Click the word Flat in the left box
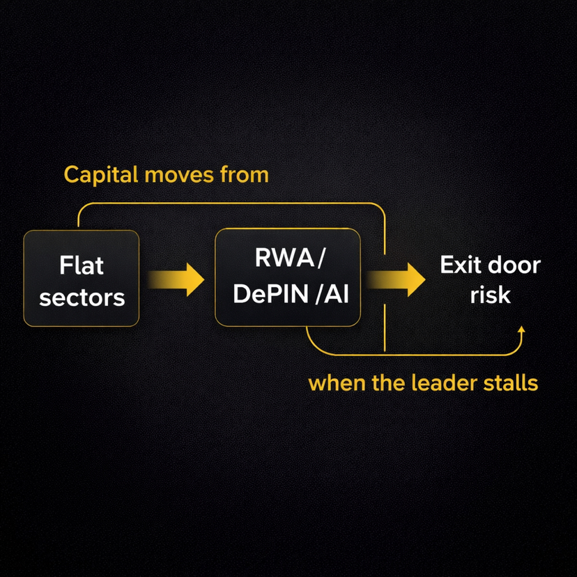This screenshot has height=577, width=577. pos(82,265)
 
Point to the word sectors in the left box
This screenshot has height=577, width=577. pos(82,298)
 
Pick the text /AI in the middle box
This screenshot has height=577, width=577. pos(332,295)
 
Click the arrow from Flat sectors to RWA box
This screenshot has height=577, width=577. pos(178,279)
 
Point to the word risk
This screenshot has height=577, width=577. pos(490,295)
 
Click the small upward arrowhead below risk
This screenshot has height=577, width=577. pos(521,329)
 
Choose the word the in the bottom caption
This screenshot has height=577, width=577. pos(380,383)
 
